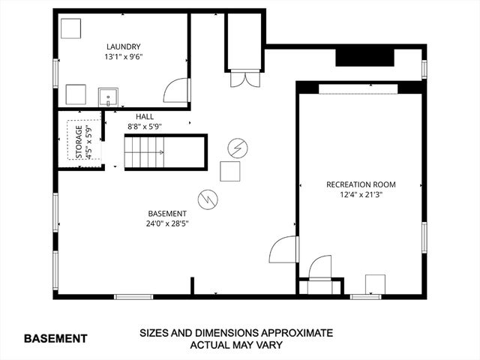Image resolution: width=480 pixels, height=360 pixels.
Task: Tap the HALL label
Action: [145, 117]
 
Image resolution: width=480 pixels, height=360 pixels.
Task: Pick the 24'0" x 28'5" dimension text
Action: [167, 223]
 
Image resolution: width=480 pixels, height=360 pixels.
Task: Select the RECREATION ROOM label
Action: [361, 184]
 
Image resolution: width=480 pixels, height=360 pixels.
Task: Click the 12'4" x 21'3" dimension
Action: [361, 195]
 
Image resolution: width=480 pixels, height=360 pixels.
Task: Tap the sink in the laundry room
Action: [108, 97]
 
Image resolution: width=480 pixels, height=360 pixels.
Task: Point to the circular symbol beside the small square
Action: [238, 146]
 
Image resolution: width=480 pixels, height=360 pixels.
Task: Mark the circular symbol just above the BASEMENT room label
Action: [207, 198]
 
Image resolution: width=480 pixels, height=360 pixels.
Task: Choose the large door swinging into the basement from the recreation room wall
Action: [285, 250]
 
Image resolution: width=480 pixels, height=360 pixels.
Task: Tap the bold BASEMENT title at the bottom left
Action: [55, 338]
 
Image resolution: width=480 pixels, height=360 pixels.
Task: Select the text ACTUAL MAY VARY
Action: [235, 345]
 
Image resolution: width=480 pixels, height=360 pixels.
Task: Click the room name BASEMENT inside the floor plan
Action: [167, 213]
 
